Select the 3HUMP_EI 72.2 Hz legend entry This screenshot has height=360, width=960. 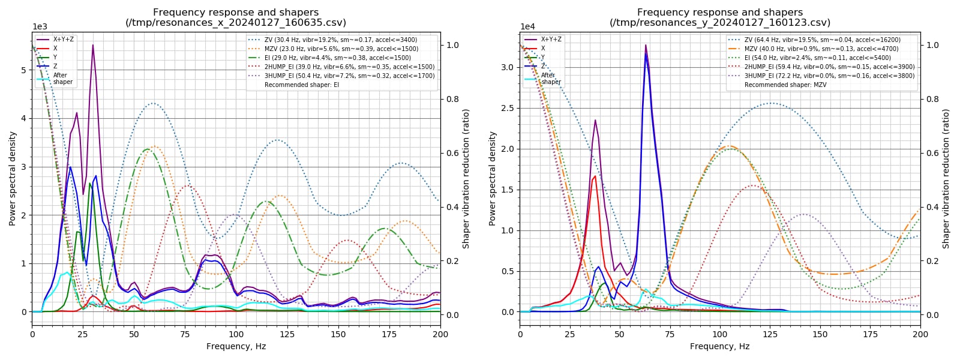pyautogui.click(x=821, y=76)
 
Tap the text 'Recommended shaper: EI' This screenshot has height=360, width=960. pyautogui.click(x=302, y=85)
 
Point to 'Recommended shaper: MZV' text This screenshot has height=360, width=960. pyautogui.click(x=785, y=85)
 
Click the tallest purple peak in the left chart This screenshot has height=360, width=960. pyautogui.click(x=92, y=45)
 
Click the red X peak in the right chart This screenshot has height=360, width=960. pyautogui.click(x=595, y=176)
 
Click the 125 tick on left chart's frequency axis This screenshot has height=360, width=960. pyautogui.click(x=287, y=334)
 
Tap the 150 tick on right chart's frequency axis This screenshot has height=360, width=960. pyautogui.click(x=820, y=334)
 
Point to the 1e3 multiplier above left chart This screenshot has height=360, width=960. pyautogui.click(x=40, y=26)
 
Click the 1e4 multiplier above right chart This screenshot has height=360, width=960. pyautogui.click(x=527, y=26)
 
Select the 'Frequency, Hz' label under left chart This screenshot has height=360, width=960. pyautogui.click(x=236, y=346)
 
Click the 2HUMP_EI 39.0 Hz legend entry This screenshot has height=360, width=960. pyautogui.click(x=341, y=67)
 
